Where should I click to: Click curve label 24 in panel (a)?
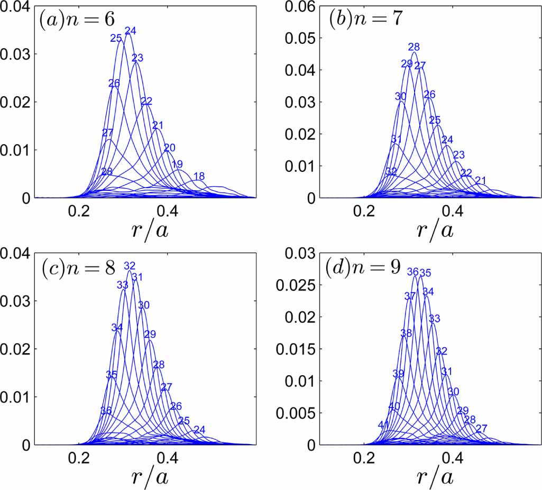pos(130,31)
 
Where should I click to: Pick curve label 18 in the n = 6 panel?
pos(199,176)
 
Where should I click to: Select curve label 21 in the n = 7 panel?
pos(480,181)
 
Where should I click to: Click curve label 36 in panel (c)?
pos(106,411)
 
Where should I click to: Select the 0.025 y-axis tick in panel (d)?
pos(295,285)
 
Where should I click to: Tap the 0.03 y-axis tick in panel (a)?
pos(15,54)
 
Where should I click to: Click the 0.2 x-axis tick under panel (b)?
pos(365,210)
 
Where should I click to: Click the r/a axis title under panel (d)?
pos(435,477)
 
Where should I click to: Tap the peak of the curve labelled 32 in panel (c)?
pos(130,271)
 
